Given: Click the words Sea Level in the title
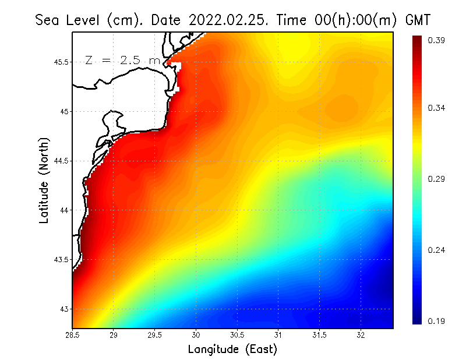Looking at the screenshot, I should click(x=69, y=20).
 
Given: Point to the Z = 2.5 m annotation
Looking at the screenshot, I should click(x=122, y=60).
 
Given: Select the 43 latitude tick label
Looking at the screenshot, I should click(x=64, y=309).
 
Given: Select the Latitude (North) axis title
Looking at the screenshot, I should click(x=44, y=180).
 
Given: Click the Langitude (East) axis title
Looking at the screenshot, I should click(x=232, y=349).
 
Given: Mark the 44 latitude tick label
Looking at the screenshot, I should click(x=64, y=210).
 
